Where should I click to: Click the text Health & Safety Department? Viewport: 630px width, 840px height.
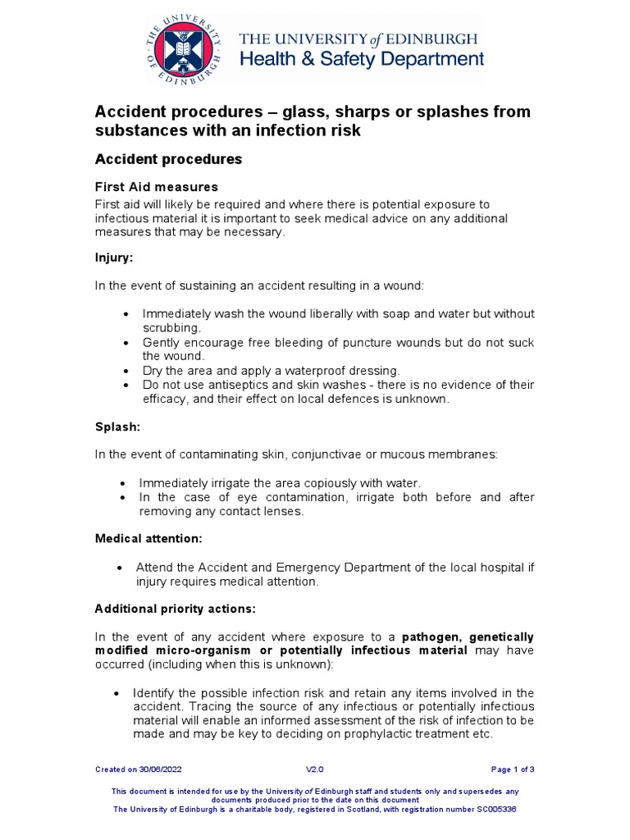pyautogui.click(x=361, y=59)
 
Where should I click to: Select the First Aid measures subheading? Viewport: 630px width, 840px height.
pyautogui.click(x=156, y=187)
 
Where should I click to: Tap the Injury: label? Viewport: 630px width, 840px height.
pyautogui.click(x=113, y=257)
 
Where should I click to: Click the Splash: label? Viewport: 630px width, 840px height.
pyautogui.click(x=117, y=427)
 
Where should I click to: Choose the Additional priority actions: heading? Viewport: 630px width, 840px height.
pyautogui.click(x=175, y=609)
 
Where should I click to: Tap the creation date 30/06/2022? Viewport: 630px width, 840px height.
pyautogui.click(x=162, y=769)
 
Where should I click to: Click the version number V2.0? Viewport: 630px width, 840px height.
pyautogui.click(x=315, y=769)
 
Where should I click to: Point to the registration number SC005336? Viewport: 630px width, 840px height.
pyautogui.click(x=491, y=809)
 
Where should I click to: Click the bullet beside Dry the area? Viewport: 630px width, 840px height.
pyautogui.click(x=126, y=371)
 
